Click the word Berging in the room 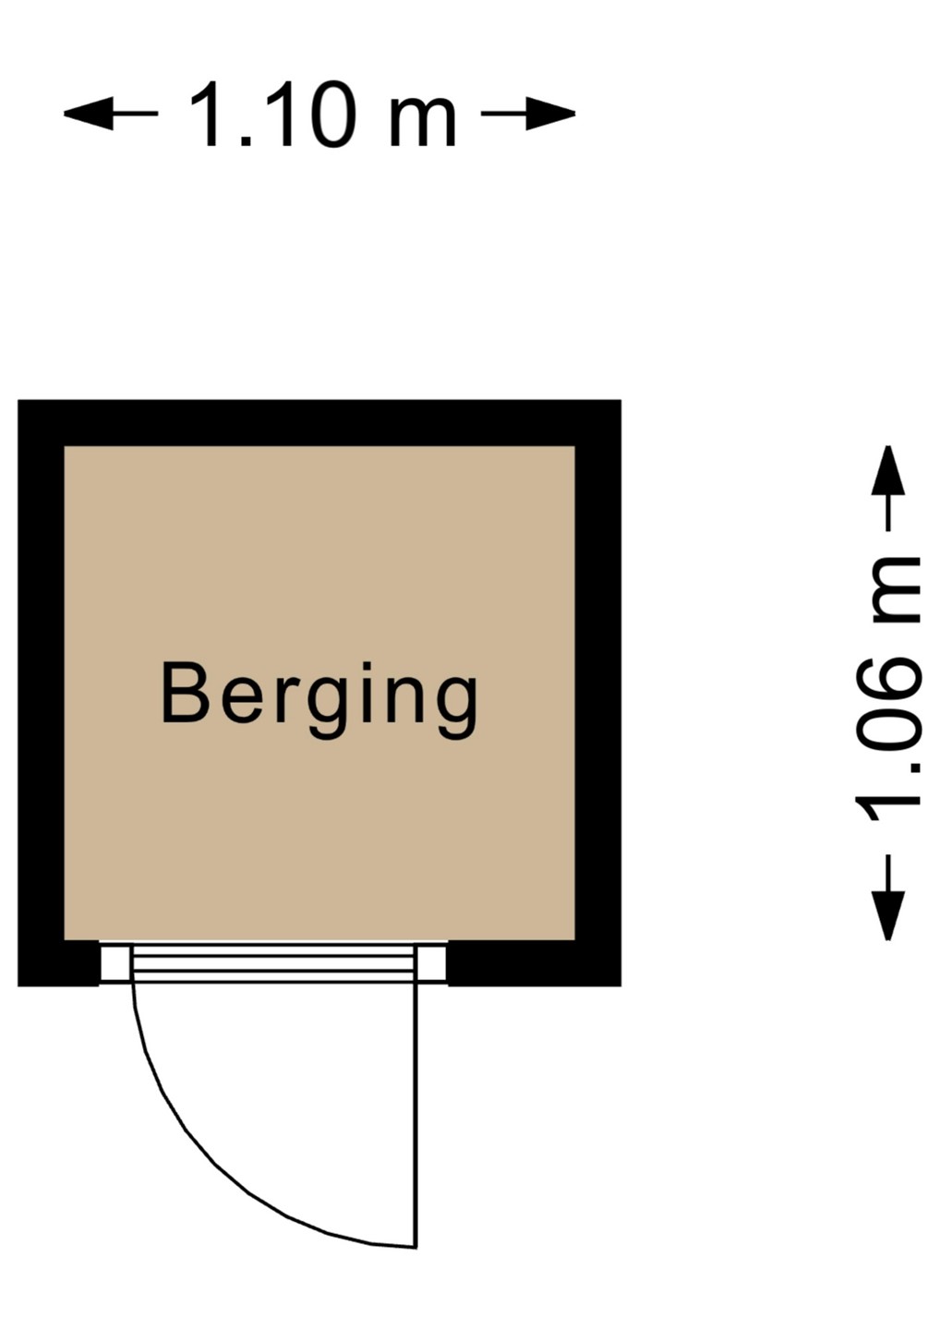pos(319,695)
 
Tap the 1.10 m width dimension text pos(323,115)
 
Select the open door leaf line pos(416,1108)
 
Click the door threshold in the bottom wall pos(273,963)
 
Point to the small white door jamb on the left pos(115,963)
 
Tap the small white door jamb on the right pos(432,963)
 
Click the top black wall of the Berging pos(319,423)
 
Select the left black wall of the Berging pos(41,693)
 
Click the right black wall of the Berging pos(598,693)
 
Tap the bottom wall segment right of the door pos(534,963)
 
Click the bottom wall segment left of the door pos(58,963)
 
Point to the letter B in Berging pos(184,694)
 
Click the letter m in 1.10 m pos(422,120)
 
